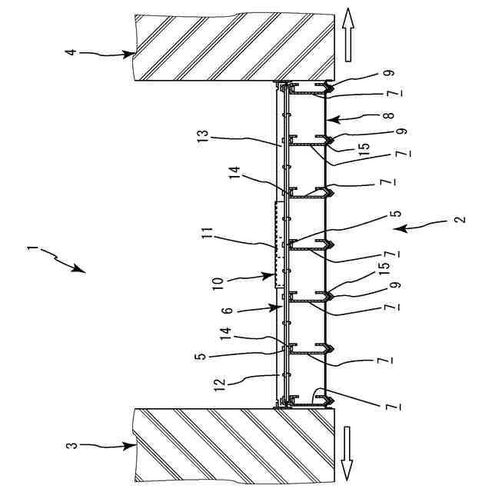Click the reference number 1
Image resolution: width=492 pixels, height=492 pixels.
point(31,249)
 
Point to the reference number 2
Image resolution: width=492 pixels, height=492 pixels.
point(459,219)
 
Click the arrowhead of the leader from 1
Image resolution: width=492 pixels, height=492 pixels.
point(84,271)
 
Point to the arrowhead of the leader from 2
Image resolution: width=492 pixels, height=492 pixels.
point(404,228)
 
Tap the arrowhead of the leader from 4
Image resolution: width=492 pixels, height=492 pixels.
point(135,54)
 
